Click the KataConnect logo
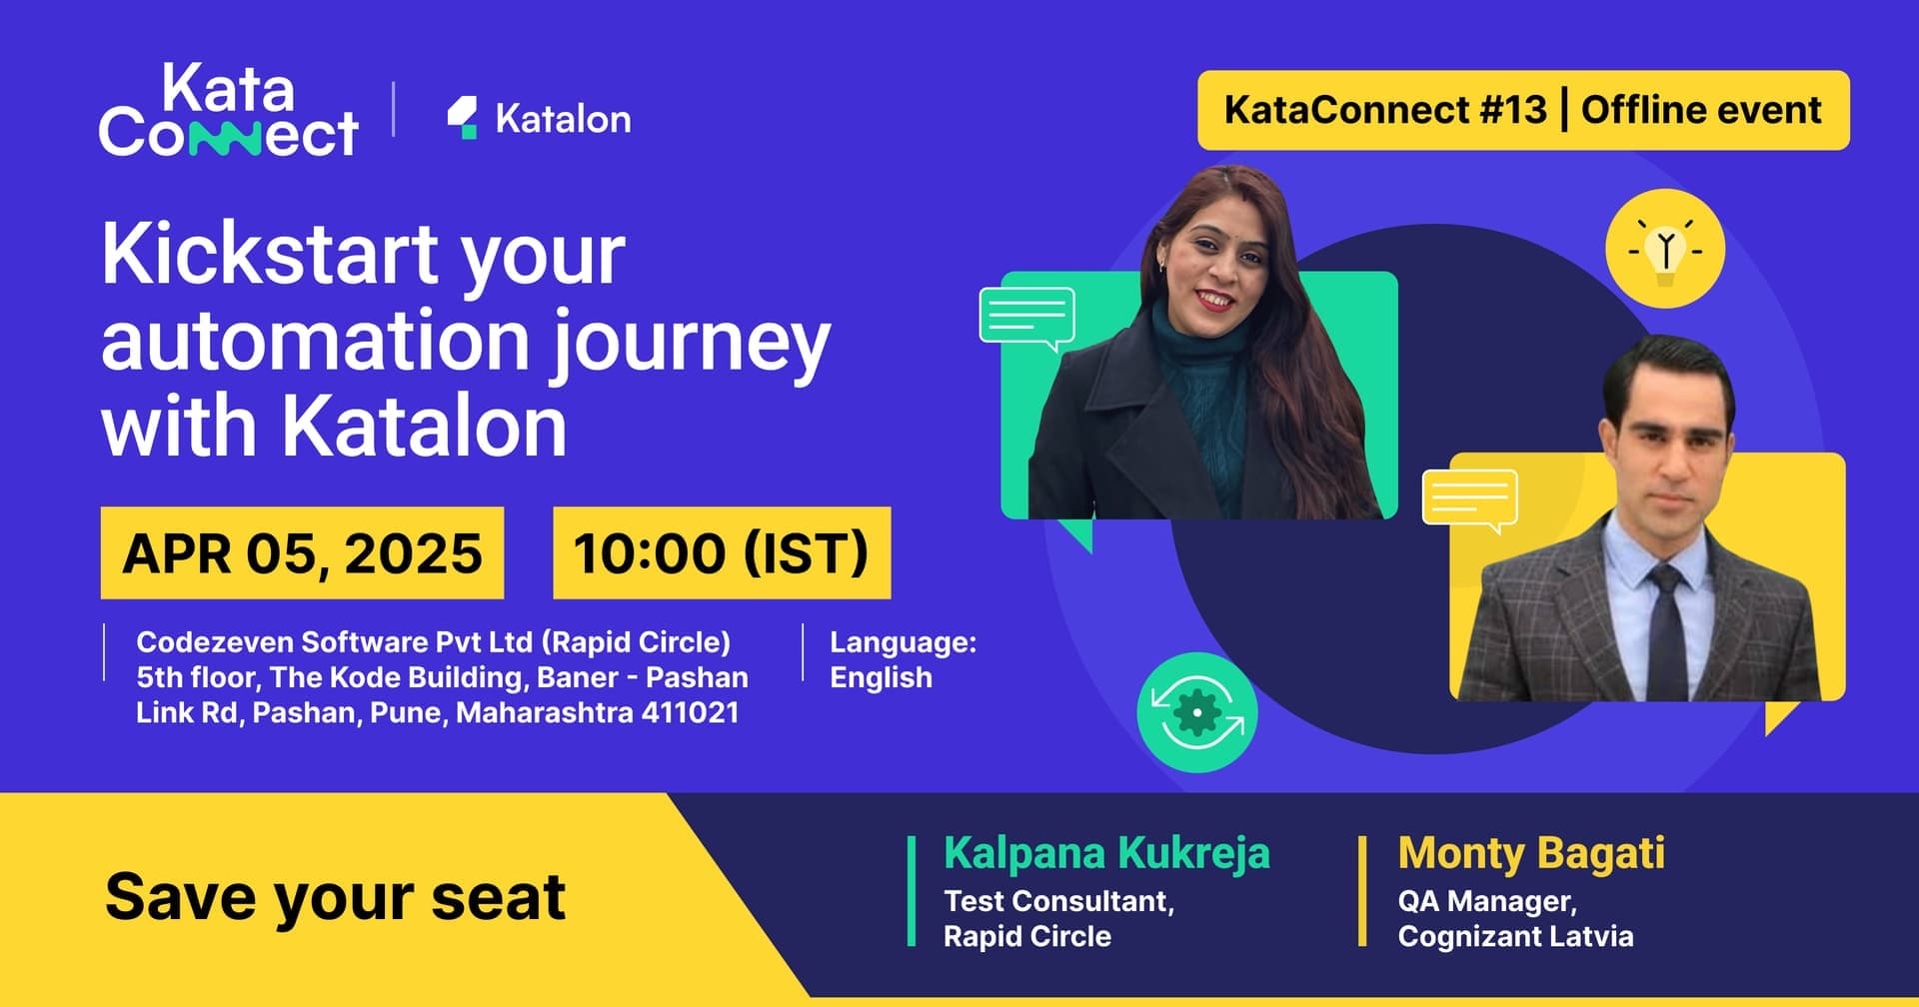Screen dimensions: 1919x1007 tap(229, 110)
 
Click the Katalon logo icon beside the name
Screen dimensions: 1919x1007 tap(462, 118)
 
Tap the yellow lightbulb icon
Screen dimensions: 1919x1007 tap(1665, 248)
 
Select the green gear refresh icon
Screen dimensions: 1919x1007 tap(1196, 712)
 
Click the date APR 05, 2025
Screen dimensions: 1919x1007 tap(302, 553)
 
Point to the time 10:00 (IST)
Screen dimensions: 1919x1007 tap(722, 553)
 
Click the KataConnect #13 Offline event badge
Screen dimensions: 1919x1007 tap(1523, 110)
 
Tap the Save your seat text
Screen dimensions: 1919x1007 tap(335, 896)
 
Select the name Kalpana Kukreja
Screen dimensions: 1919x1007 tap(1106, 853)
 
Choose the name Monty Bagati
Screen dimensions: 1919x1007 tap(1531, 853)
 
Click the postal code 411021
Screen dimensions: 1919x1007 tap(691, 713)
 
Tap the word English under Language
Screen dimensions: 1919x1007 tap(881, 677)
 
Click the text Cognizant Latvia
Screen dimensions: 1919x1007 tap(1515, 937)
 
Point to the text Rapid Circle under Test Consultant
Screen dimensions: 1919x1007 tap(1027, 936)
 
